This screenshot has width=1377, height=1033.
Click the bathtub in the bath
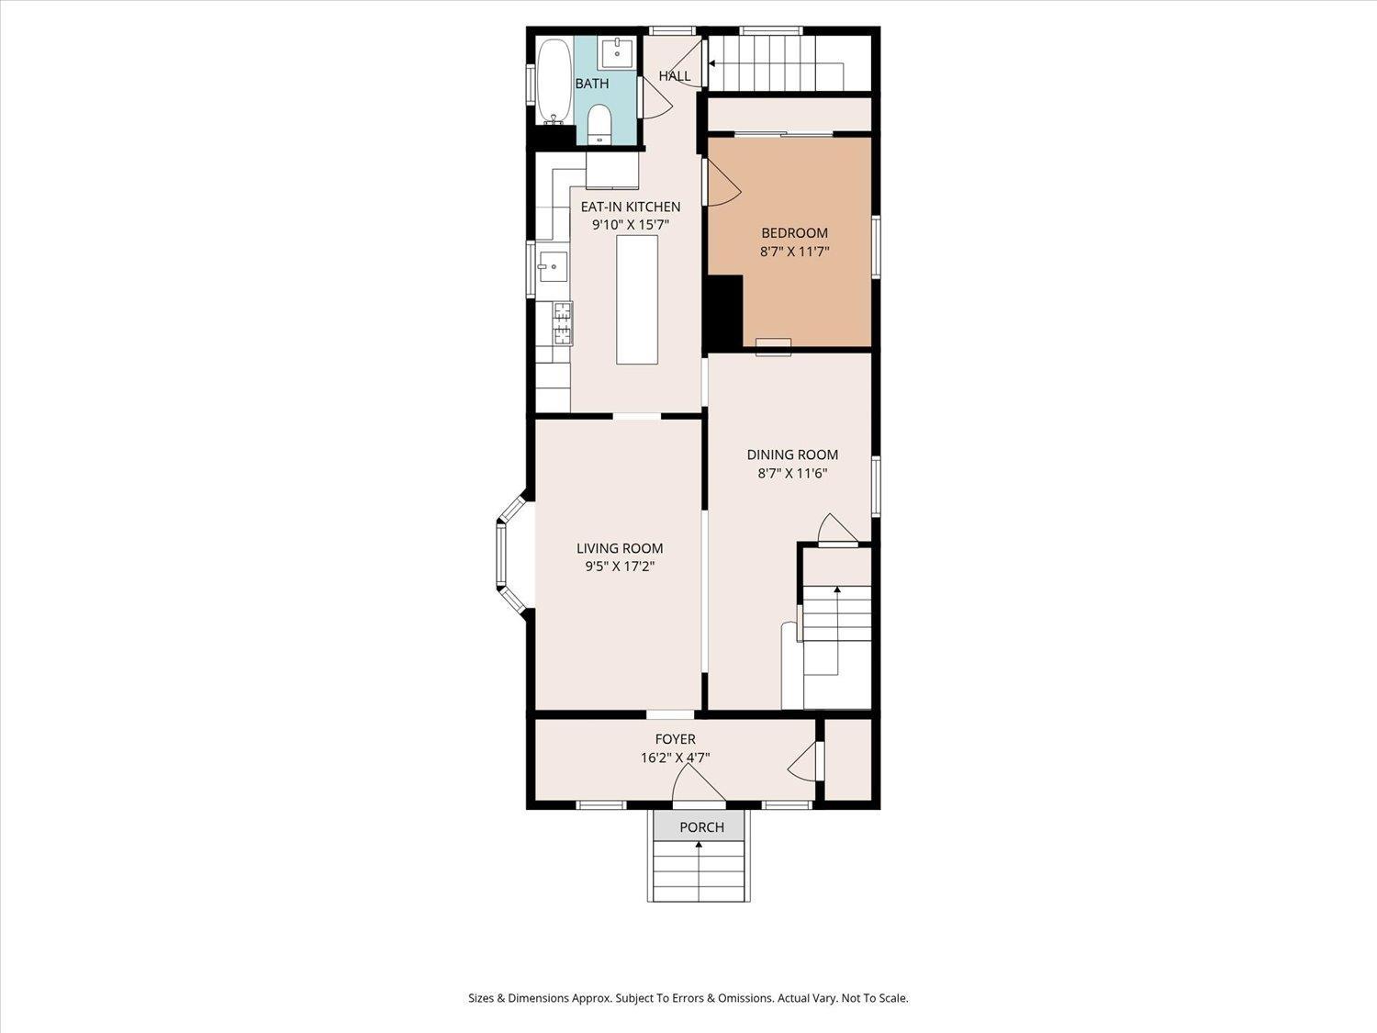click(554, 81)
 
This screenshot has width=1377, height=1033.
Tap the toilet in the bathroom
click(599, 123)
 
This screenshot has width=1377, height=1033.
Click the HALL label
click(675, 76)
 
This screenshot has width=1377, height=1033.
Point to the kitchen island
click(637, 299)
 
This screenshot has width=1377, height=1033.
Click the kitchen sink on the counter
click(554, 267)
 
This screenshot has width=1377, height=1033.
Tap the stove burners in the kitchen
click(562, 321)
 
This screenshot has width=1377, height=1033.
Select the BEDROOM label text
click(794, 233)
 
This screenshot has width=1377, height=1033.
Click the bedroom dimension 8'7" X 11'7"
click(794, 252)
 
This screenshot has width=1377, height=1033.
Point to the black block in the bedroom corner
click(724, 312)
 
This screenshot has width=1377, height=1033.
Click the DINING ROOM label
click(792, 455)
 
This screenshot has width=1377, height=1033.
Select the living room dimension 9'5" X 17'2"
click(620, 567)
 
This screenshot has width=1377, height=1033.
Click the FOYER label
click(675, 739)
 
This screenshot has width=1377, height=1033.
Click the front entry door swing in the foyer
click(698, 785)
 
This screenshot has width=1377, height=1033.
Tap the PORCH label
click(701, 827)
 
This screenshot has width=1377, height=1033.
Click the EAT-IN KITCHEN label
click(631, 207)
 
